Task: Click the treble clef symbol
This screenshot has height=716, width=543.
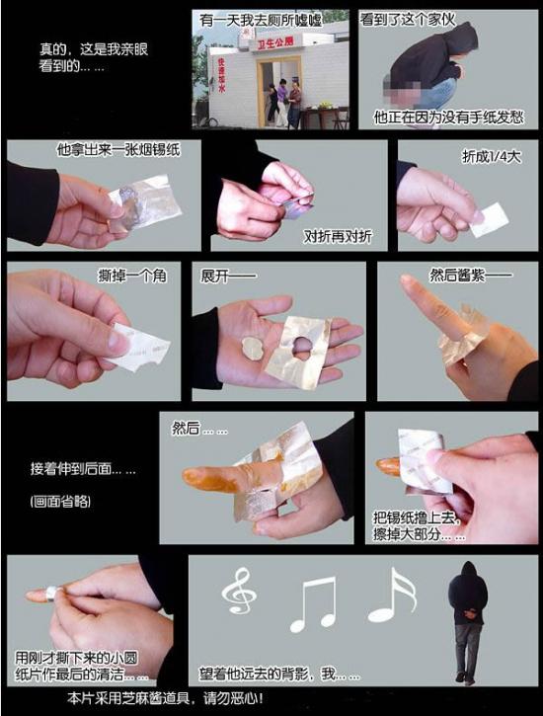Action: (x=238, y=592)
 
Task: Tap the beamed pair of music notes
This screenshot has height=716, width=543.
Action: (x=314, y=603)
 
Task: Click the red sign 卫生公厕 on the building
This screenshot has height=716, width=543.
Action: (x=275, y=43)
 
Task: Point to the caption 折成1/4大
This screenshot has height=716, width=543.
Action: (x=491, y=157)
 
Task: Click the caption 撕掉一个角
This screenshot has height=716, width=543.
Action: (x=132, y=276)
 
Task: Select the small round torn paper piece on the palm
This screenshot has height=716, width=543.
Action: (x=252, y=350)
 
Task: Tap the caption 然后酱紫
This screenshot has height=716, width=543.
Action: (x=470, y=275)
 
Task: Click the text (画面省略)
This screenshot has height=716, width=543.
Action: (x=60, y=501)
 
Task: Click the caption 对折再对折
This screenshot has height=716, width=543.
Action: (x=338, y=236)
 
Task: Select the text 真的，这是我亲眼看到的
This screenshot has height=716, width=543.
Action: (x=94, y=57)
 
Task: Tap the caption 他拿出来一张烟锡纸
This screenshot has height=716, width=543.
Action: (x=118, y=150)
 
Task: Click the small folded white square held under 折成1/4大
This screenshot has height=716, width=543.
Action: (x=489, y=219)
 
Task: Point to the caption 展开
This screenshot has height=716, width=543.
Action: (x=228, y=276)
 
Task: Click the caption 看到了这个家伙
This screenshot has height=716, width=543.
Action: (x=408, y=20)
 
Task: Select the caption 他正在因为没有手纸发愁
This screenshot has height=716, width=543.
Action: (x=448, y=118)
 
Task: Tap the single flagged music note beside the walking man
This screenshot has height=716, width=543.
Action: (x=392, y=595)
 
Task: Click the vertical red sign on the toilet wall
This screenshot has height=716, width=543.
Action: (x=222, y=75)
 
